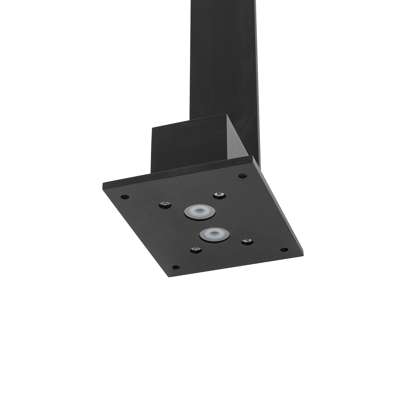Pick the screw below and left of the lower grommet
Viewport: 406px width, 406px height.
(195, 250)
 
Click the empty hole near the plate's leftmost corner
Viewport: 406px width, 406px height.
(125, 196)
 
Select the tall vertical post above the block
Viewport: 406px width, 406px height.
(223, 58)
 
